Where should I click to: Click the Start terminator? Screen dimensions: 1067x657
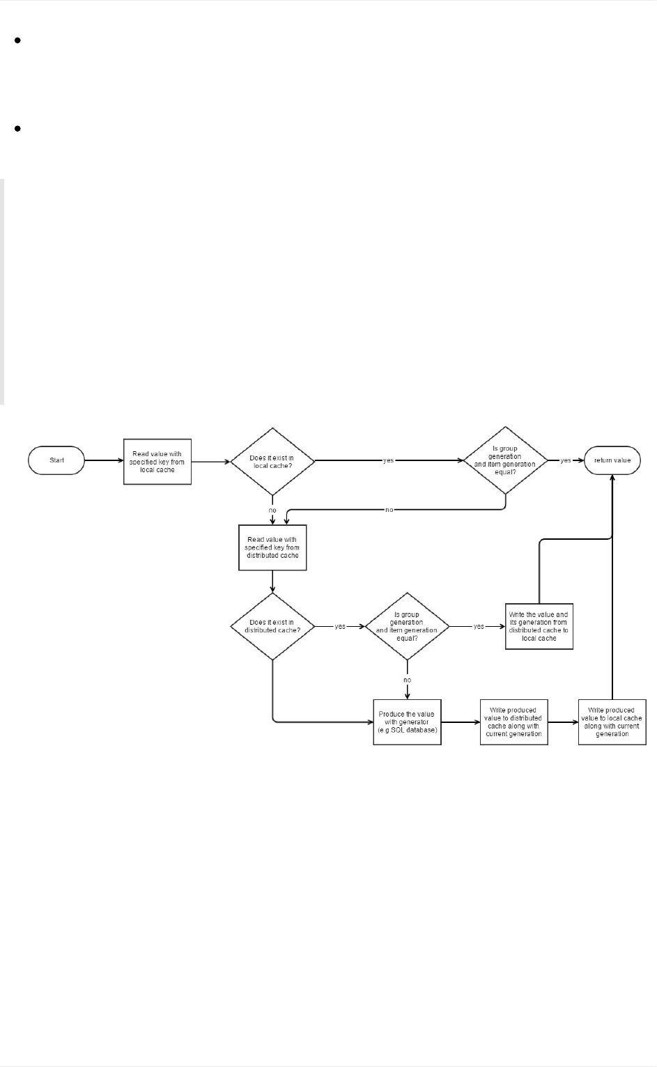pyautogui.click(x=56, y=460)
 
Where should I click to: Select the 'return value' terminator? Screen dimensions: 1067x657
pyautogui.click(x=612, y=460)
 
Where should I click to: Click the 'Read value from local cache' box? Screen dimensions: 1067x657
pyautogui.click(x=157, y=462)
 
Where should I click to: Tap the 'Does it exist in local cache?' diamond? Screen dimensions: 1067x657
pyautogui.click(x=272, y=461)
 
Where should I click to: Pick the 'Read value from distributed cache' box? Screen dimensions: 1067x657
pyautogui.click(x=272, y=547)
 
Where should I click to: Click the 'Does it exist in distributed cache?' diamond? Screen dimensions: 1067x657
pyautogui.click(x=272, y=626)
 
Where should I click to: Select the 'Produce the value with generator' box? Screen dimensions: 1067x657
pyautogui.click(x=407, y=722)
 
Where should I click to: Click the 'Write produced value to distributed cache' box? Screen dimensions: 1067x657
pyautogui.click(x=513, y=722)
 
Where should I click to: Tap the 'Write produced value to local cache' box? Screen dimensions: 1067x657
pyautogui.click(x=612, y=722)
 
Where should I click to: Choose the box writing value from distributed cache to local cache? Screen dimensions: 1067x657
pyautogui.click(x=539, y=626)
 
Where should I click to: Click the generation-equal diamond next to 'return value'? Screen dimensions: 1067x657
pyautogui.click(x=505, y=460)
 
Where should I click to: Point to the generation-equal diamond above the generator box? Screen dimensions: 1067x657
pyautogui.click(x=407, y=626)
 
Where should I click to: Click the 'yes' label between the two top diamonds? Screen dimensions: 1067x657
pyautogui.click(x=389, y=460)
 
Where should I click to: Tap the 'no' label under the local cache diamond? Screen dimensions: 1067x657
pyautogui.click(x=272, y=511)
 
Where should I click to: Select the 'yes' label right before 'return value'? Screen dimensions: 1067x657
pyautogui.click(x=566, y=460)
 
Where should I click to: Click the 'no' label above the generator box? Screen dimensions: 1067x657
pyautogui.click(x=407, y=680)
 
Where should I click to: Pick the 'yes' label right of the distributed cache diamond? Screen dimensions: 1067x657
pyautogui.click(x=340, y=626)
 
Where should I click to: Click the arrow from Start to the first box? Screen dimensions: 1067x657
pyautogui.click(x=103, y=460)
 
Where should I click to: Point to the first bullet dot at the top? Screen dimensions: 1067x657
pyautogui.click(x=17, y=40)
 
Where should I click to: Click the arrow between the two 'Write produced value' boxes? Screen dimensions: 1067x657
pyautogui.click(x=563, y=722)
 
